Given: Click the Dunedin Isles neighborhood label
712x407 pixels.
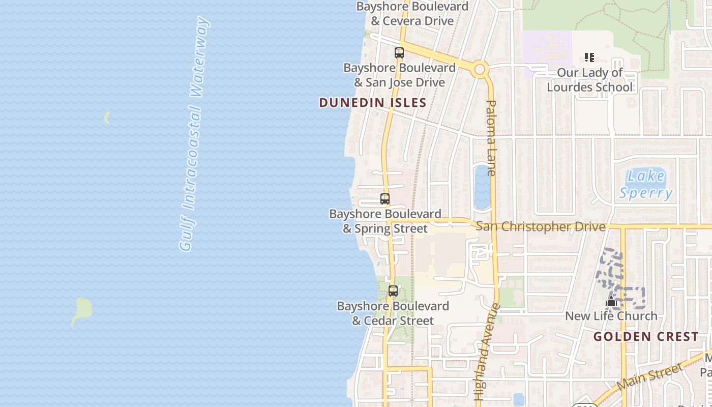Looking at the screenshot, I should pyautogui.click(x=372, y=103).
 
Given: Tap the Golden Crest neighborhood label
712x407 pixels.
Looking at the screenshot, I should pyautogui.click(x=646, y=337).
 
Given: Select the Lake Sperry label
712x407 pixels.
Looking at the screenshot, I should pyautogui.click(x=646, y=184).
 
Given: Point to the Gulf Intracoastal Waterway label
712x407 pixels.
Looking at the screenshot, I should pyautogui.click(x=194, y=134).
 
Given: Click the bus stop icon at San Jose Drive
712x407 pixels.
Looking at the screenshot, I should pyautogui.click(x=399, y=52).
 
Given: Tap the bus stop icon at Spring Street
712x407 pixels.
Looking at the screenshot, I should pyautogui.click(x=385, y=199).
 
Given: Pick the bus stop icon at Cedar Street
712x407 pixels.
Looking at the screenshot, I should pyautogui.click(x=393, y=291).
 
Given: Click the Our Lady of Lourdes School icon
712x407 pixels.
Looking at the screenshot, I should pyautogui.click(x=589, y=57).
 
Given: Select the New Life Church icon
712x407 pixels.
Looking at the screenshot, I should pyautogui.click(x=611, y=302).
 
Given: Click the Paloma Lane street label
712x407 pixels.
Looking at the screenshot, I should pyautogui.click(x=491, y=137).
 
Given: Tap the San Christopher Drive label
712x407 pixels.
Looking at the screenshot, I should pyautogui.click(x=541, y=226).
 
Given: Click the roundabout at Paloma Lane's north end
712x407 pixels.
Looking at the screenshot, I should pyautogui.click(x=480, y=69).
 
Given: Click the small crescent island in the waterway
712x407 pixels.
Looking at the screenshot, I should pyautogui.click(x=107, y=118).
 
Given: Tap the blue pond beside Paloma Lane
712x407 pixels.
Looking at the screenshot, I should pyautogui.click(x=482, y=187).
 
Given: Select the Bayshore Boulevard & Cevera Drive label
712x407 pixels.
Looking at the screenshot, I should pyautogui.click(x=412, y=14).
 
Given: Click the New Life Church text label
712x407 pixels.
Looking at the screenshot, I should pyautogui.click(x=611, y=316).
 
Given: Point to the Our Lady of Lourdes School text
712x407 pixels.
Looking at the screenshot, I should pyautogui.click(x=590, y=80).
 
